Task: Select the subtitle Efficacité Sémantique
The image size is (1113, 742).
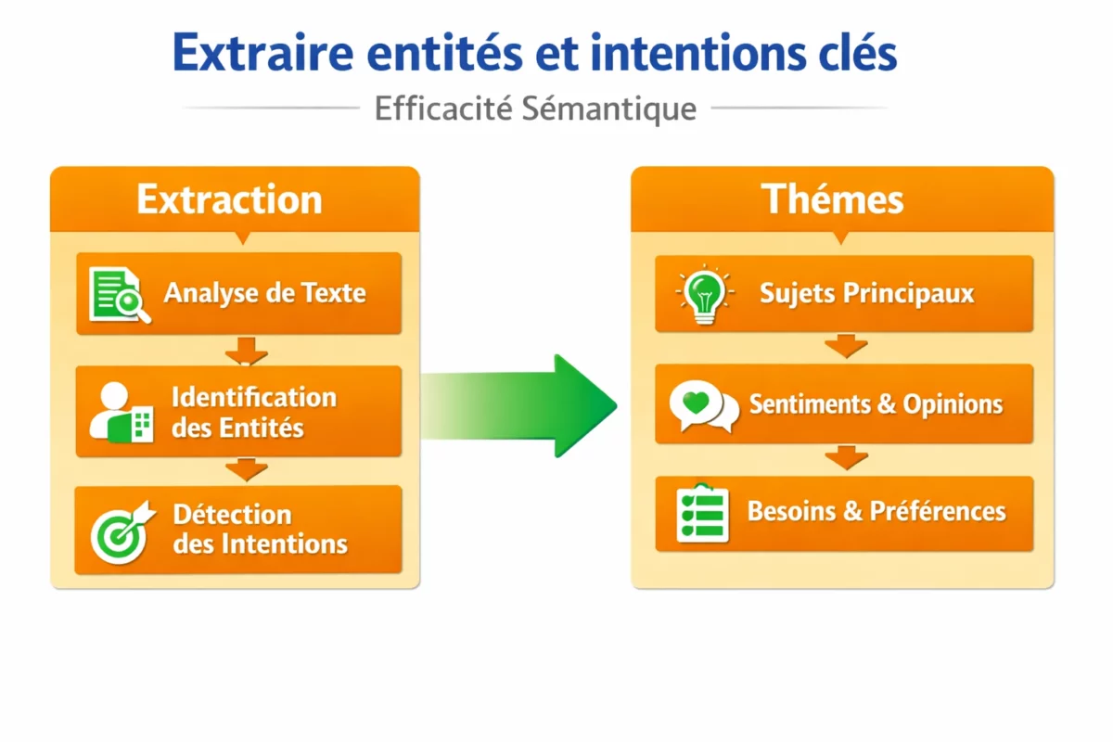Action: point(535,109)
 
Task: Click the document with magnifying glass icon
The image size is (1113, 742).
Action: point(119,294)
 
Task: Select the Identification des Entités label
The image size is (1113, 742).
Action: point(253,412)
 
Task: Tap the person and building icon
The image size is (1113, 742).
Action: point(122,411)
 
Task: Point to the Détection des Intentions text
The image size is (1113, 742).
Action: point(260,529)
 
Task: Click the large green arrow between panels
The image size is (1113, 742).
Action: point(524,405)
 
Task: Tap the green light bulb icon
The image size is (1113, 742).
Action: point(704,293)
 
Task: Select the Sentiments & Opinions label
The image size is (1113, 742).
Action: point(876,404)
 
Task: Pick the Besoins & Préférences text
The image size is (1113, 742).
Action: point(876,511)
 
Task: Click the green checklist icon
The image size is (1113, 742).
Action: point(702,512)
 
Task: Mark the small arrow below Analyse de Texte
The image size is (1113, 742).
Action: point(247,352)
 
